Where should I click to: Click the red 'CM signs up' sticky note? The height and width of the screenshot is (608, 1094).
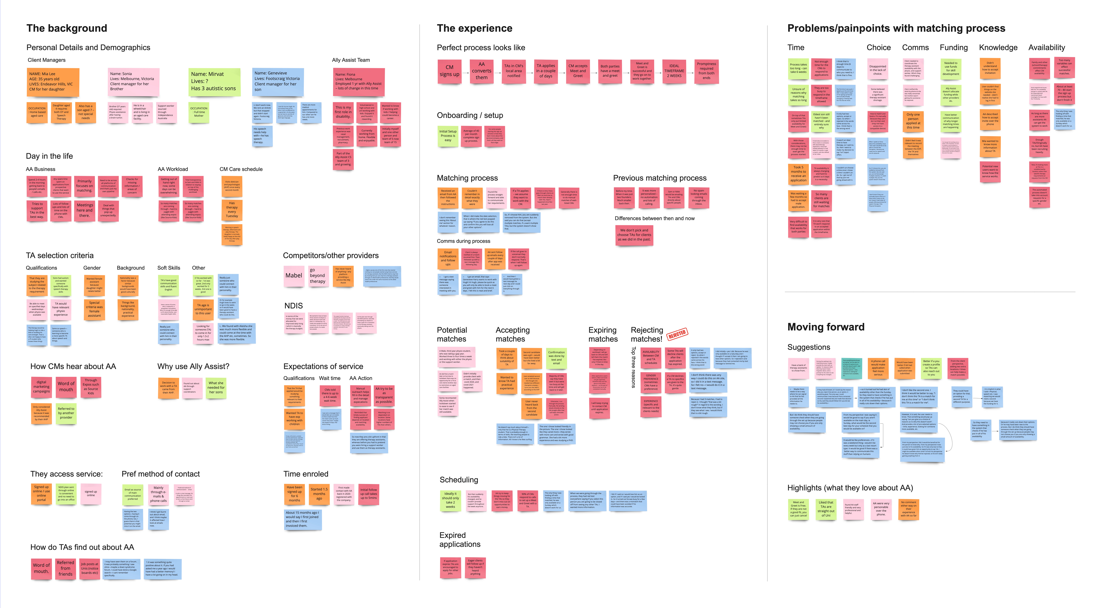449,71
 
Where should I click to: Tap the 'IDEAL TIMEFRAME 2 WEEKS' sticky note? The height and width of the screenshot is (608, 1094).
674,71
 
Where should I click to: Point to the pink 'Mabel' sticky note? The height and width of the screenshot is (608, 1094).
294,276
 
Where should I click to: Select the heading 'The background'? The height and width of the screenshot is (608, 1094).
67,28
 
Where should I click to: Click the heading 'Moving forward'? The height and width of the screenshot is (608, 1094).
826,327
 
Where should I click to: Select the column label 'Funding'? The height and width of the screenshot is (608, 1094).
953,48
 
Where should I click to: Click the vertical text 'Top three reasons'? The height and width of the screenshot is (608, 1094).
633,367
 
